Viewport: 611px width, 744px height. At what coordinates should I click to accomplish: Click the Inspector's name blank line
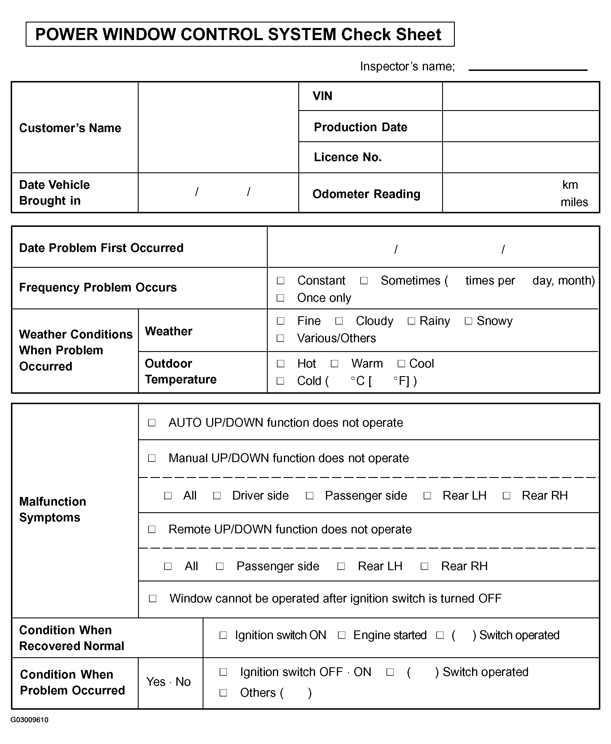(x=528, y=70)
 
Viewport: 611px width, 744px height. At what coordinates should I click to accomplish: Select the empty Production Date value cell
(x=521, y=126)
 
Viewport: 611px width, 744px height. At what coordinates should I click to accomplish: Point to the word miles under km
(x=574, y=202)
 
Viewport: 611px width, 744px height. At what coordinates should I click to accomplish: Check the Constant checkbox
(x=280, y=280)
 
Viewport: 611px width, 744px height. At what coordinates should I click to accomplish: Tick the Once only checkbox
(x=280, y=298)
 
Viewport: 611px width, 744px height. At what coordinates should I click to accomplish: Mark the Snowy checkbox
(x=468, y=321)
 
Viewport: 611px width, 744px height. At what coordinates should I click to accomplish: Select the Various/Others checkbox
(x=280, y=338)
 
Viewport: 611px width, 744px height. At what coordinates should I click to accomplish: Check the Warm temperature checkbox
(x=334, y=363)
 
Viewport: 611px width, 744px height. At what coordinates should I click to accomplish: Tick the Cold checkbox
(x=280, y=381)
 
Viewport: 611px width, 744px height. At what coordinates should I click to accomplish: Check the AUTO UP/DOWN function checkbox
(x=152, y=422)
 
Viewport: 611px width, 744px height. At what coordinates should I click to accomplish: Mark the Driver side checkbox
(x=217, y=496)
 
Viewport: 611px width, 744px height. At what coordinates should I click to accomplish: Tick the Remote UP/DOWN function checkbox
(x=152, y=529)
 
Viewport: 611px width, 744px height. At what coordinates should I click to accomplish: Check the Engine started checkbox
(x=342, y=635)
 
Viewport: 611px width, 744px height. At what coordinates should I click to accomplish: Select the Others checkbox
(x=223, y=693)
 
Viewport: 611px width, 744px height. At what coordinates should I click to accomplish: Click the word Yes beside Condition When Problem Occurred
(x=156, y=682)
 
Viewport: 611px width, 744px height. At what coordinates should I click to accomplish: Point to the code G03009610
(x=30, y=720)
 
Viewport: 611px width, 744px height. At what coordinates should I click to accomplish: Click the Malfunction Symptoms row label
(x=52, y=509)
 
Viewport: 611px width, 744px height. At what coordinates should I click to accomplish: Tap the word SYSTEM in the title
(x=302, y=35)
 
